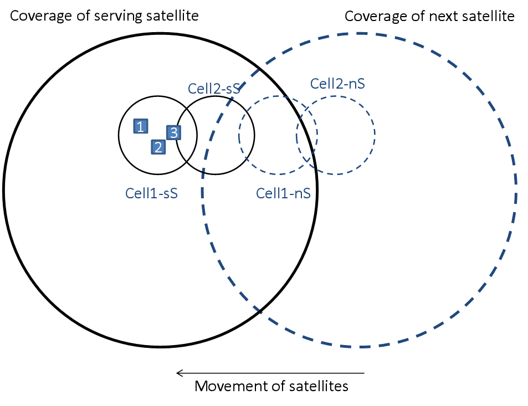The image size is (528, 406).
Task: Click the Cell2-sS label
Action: [213, 89]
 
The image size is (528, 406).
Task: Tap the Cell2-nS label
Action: [337, 84]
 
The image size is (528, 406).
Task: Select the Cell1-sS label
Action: [151, 193]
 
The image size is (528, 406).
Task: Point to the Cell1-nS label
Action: [283, 193]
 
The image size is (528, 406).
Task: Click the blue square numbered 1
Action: [141, 127]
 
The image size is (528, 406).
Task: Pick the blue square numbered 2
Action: [158, 147]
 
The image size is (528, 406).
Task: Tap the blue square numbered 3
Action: [173, 133]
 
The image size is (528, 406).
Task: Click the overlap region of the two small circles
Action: [307, 135]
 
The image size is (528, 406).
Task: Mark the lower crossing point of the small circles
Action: [307, 162]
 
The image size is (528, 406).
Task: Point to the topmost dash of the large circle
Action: [360, 34]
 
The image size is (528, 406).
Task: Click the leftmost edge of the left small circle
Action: [239, 135]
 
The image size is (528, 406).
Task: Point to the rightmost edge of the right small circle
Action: [375, 134]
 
